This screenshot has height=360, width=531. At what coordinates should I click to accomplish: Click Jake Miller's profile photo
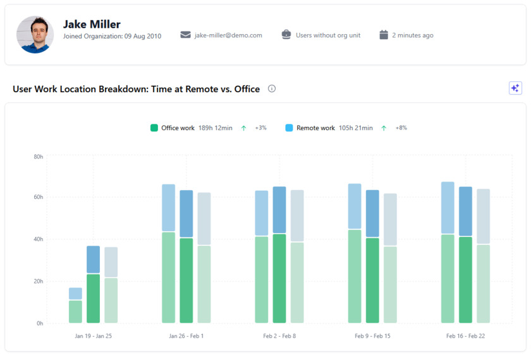coord(35,35)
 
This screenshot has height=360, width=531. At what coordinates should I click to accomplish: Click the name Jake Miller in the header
coord(92,25)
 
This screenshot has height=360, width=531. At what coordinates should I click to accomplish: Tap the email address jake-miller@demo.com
coord(228,35)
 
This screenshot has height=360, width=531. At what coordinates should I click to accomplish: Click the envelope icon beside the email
coord(185,35)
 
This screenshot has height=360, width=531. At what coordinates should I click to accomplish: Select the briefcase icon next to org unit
coord(286,35)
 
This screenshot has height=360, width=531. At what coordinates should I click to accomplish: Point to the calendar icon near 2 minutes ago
coord(384,35)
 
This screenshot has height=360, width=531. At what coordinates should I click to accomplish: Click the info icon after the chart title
coord(272,89)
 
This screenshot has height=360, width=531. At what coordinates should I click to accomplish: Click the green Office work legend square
coord(154,128)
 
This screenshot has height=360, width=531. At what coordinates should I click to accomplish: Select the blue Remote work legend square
coord(290,128)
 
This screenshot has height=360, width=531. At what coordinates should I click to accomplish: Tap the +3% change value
coord(260,128)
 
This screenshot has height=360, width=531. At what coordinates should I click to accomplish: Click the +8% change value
coord(401,128)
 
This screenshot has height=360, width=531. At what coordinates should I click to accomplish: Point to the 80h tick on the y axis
coord(39,156)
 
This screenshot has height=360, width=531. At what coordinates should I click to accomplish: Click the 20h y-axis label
coord(39,282)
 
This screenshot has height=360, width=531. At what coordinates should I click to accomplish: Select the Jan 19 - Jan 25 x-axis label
coord(93,336)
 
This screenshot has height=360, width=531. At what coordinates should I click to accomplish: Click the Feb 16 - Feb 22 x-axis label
coord(465,336)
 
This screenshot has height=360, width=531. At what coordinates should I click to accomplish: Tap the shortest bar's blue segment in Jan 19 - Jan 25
coord(75,294)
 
